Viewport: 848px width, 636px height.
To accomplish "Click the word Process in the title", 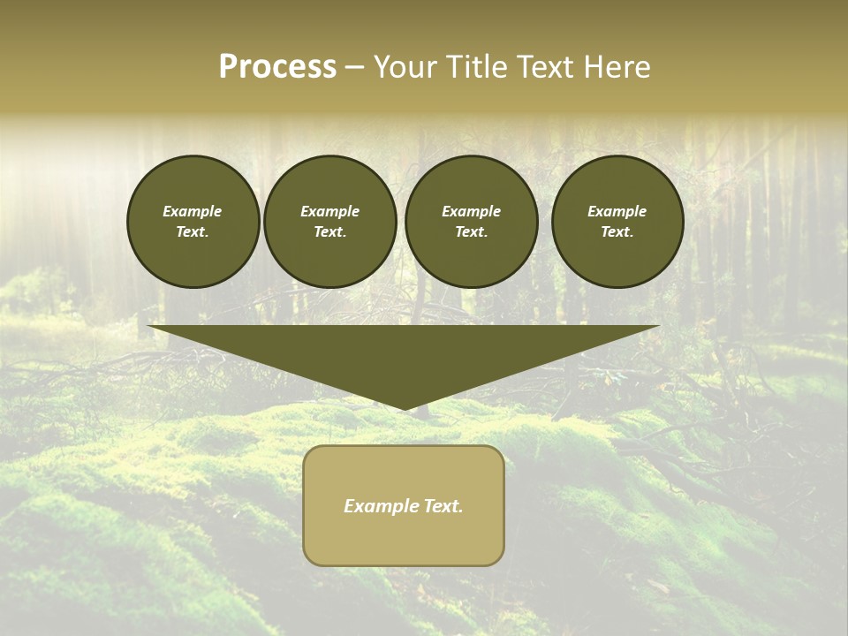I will tap(277, 67).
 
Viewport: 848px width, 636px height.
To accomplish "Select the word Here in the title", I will tap(617, 67).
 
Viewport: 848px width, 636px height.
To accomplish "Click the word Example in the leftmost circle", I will tap(193, 211).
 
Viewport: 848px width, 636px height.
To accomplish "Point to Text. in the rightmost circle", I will tap(617, 232).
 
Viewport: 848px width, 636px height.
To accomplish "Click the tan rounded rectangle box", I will tap(404, 539).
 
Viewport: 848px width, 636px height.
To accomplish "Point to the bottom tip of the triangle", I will tap(405, 407).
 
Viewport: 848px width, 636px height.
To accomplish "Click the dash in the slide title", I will tap(354, 68).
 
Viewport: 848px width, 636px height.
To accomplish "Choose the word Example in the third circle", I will tap(471, 211).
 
